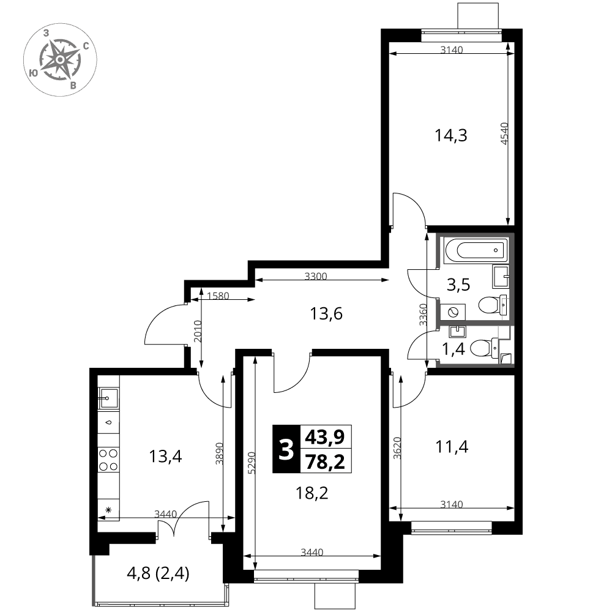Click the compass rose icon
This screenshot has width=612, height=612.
[60, 60]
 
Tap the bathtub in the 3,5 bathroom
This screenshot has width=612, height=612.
[476, 250]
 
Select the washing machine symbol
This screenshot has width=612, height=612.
[453, 312]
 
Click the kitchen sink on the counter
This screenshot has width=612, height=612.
[108, 398]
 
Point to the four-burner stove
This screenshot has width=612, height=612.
[108, 460]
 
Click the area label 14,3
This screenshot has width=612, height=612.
[451, 136]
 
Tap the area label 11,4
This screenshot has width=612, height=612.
[452, 447]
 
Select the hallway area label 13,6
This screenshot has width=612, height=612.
[326, 313]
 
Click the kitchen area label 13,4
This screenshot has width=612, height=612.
[165, 456]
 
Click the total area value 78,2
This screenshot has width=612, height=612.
[325, 461]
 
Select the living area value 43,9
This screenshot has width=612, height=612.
[325, 437]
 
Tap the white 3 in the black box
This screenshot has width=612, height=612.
[286, 449]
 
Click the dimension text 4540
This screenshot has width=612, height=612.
[505, 134]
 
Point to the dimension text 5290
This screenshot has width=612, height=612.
[252, 463]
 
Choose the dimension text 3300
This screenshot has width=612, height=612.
[316, 277]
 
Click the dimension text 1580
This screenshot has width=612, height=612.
[218, 296]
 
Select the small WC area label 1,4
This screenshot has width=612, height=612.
[453, 349]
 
